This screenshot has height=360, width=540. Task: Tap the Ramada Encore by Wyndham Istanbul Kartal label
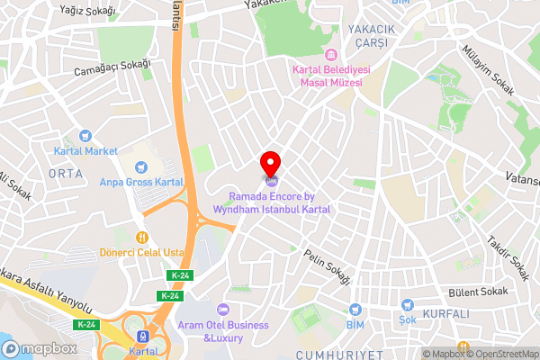pyautogui.click(x=272, y=202)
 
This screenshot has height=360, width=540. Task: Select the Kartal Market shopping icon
pyautogui.click(x=86, y=136)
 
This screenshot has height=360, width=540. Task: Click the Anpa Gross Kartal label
pyautogui.click(x=142, y=181)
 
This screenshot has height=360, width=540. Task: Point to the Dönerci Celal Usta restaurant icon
pyautogui.click(x=141, y=237)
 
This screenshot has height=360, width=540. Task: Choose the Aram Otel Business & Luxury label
pyautogui.click(x=236, y=330)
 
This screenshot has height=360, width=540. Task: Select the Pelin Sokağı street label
pyautogui.click(x=326, y=267)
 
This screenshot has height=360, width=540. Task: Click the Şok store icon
pyautogui.click(x=407, y=305)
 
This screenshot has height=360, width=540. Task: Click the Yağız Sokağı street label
pyautogui.click(x=86, y=10)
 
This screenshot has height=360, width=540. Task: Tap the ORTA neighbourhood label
pyautogui.click(x=66, y=173)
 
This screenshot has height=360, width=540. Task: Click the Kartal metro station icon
pyautogui.click(x=139, y=335)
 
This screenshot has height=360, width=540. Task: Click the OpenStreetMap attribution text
pyautogui.click(x=500, y=354)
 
